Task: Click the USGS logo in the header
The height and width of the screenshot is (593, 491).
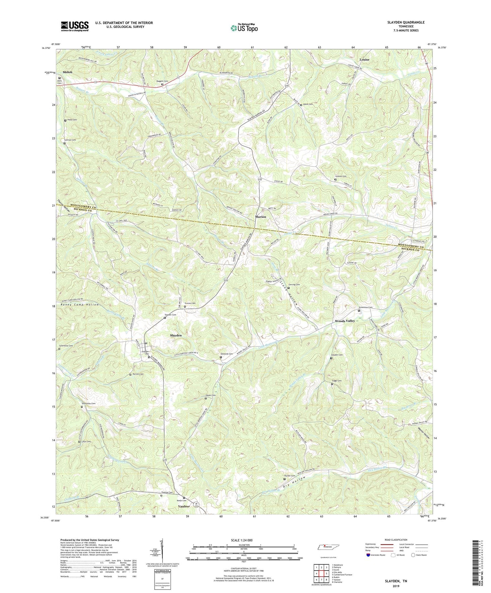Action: (x=75, y=26)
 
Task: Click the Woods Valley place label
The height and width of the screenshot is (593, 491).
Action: (x=345, y=321)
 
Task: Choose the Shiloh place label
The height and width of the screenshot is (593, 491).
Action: (x=68, y=72)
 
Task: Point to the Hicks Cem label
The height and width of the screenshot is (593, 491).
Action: (x=72, y=120)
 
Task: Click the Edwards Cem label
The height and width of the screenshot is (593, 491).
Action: (x=226, y=354)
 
